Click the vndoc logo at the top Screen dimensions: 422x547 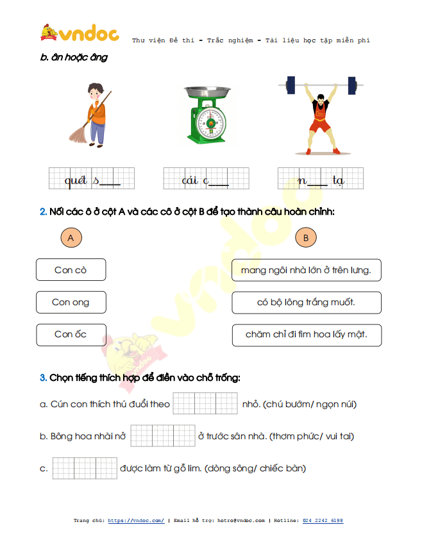click(x=80, y=33)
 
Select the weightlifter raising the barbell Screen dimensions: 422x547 click(x=321, y=115)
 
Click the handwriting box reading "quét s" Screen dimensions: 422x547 click(x=91, y=178)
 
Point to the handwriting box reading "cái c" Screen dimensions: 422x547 click(x=206, y=178)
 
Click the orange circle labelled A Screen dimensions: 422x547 click(x=71, y=237)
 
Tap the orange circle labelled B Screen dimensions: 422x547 click(x=306, y=237)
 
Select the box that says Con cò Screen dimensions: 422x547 click(x=71, y=270)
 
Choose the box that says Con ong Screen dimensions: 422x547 click(x=71, y=302)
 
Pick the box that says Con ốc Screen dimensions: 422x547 click(x=71, y=335)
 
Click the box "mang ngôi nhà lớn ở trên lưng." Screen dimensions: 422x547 click(x=306, y=270)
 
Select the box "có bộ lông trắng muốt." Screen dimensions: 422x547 click(x=307, y=303)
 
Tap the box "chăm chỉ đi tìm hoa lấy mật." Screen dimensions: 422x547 click(x=307, y=335)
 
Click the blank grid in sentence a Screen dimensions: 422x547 click(x=205, y=403)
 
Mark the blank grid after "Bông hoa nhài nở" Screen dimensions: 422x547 click(x=163, y=435)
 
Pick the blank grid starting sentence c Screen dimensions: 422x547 click(x=85, y=468)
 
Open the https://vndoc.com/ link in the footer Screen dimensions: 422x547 click(x=136, y=521)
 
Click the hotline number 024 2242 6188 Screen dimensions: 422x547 click(x=323, y=521)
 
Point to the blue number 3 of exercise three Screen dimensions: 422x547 click(x=43, y=378)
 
